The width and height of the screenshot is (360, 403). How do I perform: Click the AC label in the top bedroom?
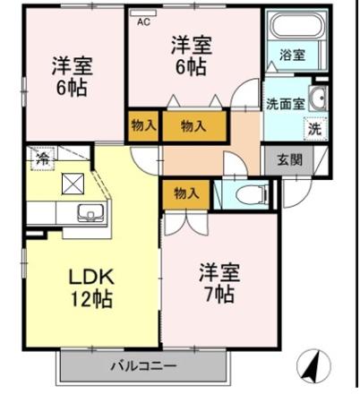click(x=143, y=23)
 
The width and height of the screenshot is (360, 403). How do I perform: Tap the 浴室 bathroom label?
click(x=292, y=55)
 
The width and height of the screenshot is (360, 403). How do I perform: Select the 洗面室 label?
click(x=285, y=103)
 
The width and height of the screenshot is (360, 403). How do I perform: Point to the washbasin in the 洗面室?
click(x=318, y=99)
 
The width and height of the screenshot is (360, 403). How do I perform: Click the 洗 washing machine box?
click(x=314, y=128)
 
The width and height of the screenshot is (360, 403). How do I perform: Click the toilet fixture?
click(x=253, y=193)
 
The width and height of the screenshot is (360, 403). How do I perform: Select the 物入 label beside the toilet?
click(x=185, y=193)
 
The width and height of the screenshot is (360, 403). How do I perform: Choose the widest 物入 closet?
click(x=194, y=126)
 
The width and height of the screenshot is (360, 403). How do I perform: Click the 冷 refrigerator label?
click(x=41, y=159)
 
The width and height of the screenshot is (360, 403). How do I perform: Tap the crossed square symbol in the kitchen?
click(x=72, y=184)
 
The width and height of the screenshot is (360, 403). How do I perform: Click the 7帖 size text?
click(x=218, y=294)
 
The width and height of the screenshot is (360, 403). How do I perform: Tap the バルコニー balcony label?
click(x=143, y=365)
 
